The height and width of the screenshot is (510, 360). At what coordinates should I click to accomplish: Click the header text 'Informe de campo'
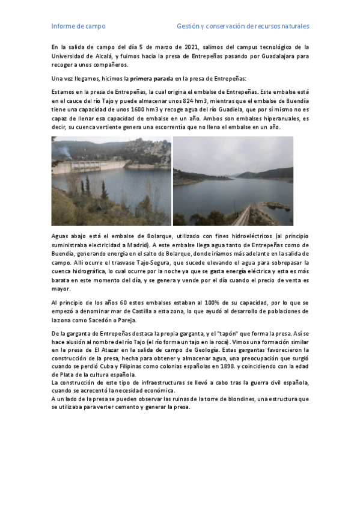point(78,26)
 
